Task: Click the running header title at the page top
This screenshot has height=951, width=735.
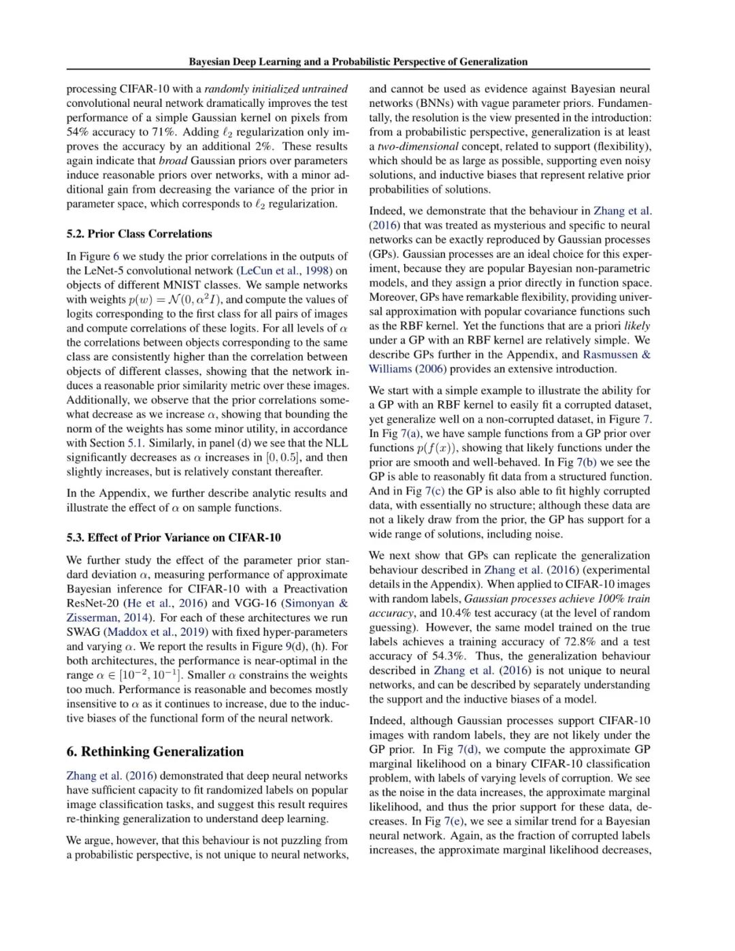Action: point(358,62)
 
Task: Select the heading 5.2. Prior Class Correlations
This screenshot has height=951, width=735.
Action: point(139,233)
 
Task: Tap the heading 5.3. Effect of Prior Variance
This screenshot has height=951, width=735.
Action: point(174,537)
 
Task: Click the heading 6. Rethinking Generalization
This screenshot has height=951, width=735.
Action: point(154,752)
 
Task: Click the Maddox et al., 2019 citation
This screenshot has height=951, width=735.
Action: point(151,632)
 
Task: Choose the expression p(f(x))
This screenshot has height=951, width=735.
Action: point(437,448)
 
